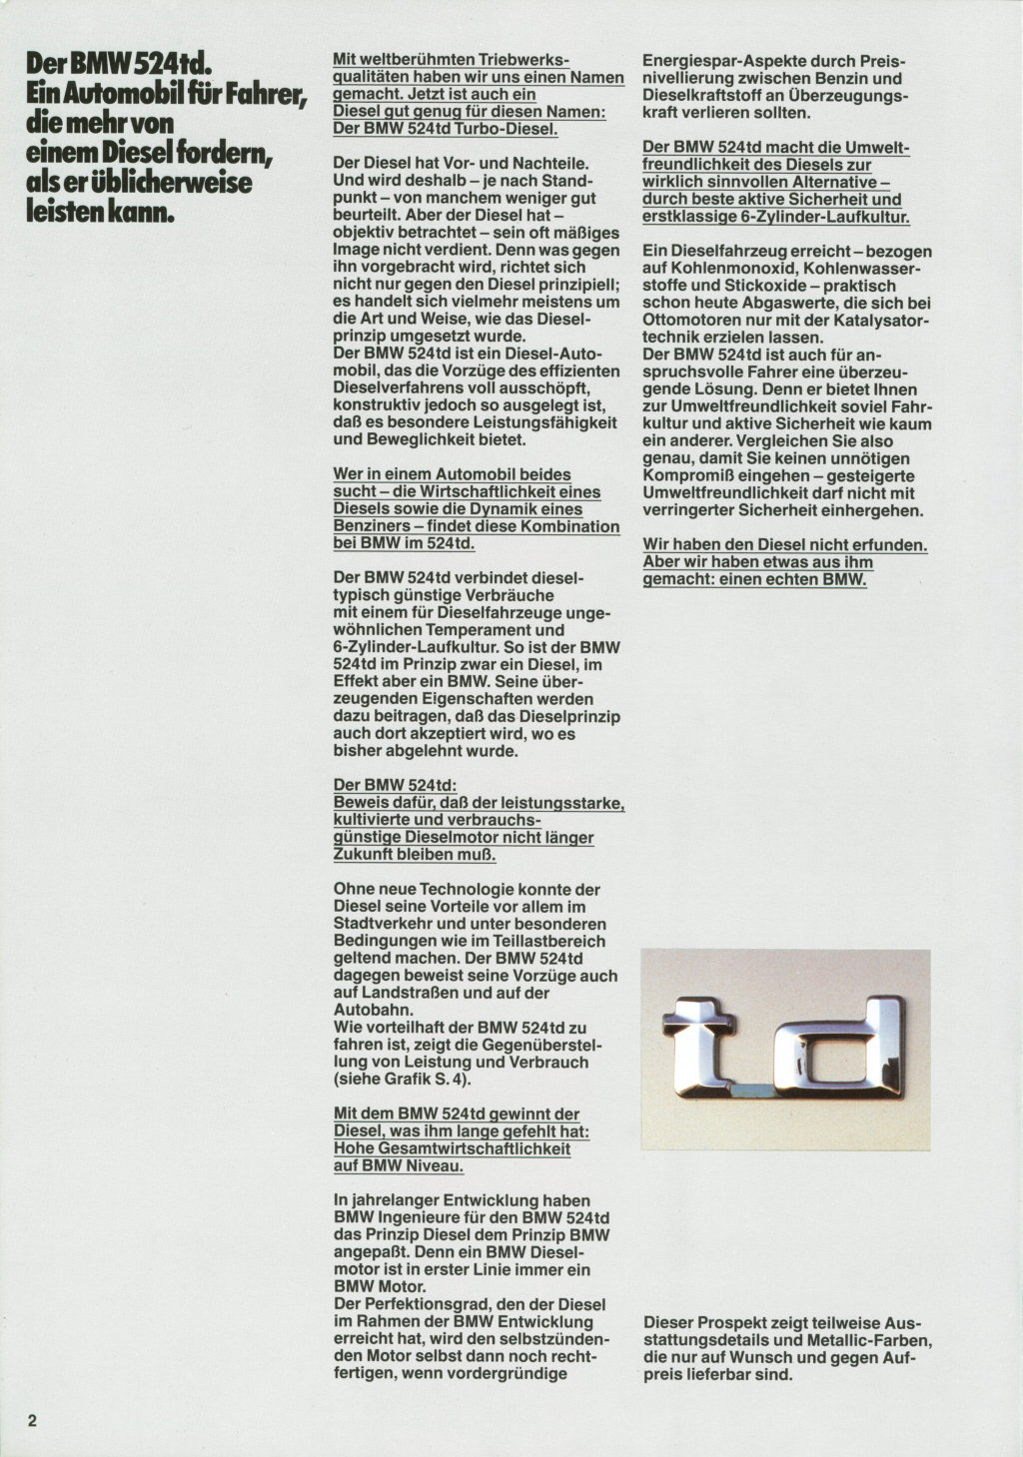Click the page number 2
point(32,1421)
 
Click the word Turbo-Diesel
point(511,129)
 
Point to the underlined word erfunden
point(890,544)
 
